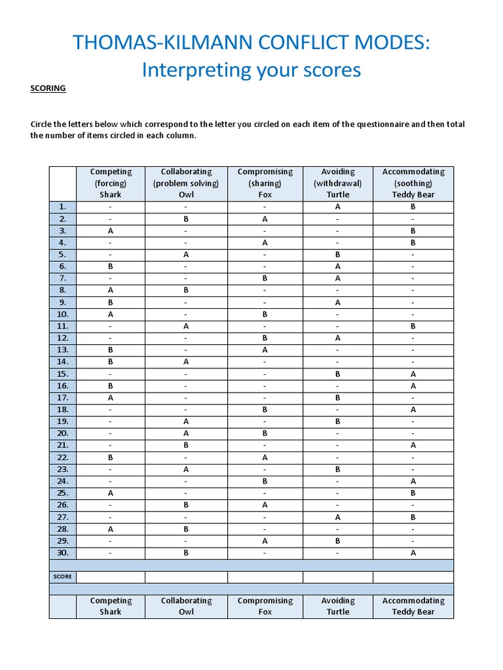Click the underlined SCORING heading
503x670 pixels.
coord(48,88)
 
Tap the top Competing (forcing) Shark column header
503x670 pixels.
coord(111,183)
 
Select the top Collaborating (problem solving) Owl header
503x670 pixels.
coord(187,183)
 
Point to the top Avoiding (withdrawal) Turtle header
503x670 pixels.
coord(338,183)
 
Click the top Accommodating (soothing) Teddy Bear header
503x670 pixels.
coord(413,183)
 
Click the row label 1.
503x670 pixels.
coord(63,207)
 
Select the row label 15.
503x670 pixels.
coord(63,374)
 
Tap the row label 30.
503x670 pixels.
coord(63,553)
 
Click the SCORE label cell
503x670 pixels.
coord(63,577)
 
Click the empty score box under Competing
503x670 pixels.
coord(111,577)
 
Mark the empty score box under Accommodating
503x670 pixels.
coord(413,577)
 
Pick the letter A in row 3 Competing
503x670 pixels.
coord(111,231)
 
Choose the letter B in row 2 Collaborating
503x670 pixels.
coord(187,219)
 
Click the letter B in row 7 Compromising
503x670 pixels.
coord(265,279)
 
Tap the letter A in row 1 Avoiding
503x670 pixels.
coord(338,207)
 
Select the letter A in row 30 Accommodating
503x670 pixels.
coord(413,553)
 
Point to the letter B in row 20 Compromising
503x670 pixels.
coord(265,433)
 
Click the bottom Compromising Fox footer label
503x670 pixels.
coord(265,607)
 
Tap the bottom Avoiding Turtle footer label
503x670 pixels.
coord(338,607)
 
